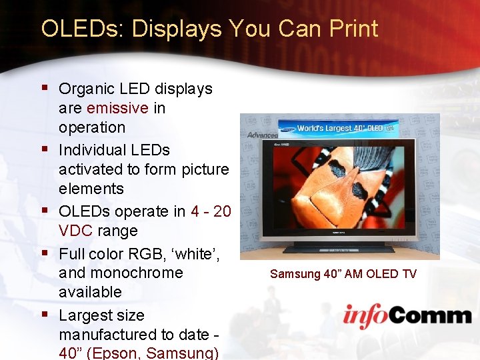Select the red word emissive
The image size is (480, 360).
[117, 108]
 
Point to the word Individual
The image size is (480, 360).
[93, 150]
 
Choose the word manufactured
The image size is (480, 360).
[109, 333]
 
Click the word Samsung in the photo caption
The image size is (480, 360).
[294, 274]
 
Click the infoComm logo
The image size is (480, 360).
[407, 315]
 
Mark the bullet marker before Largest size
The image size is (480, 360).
[45, 313]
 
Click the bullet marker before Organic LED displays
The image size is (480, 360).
[45, 87]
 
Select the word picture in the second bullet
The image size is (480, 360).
[203, 169]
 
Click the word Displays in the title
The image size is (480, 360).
[176, 29]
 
